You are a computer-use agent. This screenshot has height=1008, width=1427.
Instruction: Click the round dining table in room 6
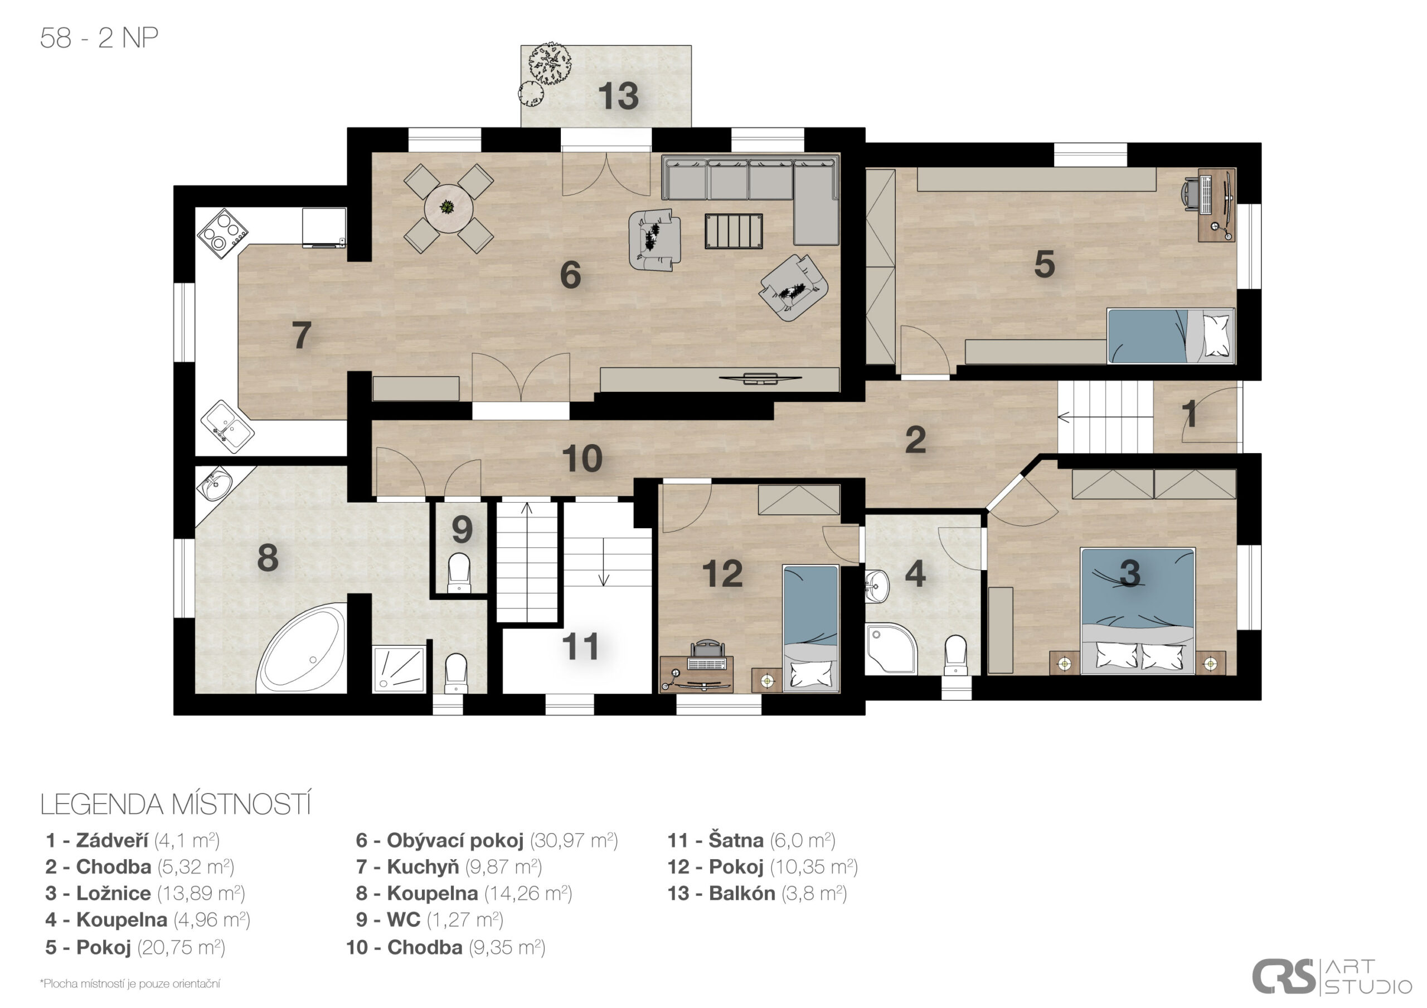point(448,208)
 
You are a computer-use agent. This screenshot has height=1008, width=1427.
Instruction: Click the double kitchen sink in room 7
point(227,426)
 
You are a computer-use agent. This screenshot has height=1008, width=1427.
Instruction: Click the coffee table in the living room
point(734,231)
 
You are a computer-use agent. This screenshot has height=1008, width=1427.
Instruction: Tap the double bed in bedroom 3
point(1137,611)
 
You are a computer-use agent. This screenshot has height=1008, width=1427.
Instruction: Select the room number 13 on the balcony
point(618,96)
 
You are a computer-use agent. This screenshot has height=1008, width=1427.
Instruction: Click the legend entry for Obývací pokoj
point(487,840)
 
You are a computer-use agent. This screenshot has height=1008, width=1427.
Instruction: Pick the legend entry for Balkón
point(757,893)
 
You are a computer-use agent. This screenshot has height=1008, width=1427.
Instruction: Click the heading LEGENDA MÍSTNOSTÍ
point(175,804)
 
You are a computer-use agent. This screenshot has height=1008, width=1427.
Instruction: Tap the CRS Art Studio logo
point(1331,976)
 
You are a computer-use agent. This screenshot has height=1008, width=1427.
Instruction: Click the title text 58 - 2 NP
point(99,38)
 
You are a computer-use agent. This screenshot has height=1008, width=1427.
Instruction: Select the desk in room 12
point(697,674)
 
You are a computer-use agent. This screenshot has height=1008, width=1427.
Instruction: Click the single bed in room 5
point(1171,335)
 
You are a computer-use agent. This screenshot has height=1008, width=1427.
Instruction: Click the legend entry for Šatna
point(751,840)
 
